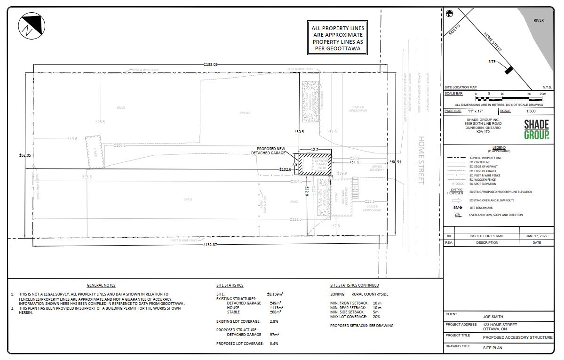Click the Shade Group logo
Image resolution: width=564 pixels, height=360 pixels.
tap(537, 129)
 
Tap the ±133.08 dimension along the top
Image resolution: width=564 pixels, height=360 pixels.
tap(210, 64)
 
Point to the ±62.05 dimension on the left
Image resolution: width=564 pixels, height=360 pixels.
tap(24, 155)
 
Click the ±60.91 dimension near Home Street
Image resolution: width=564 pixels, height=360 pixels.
tap(396, 162)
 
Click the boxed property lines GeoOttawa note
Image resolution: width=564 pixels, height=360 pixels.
tap(338, 38)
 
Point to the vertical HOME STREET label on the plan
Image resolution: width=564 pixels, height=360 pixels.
tap(421, 160)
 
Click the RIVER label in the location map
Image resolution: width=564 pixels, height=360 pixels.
tap(539, 20)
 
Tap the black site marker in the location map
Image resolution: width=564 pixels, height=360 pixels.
tap(508, 70)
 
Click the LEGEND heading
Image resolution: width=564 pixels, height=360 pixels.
tap(499, 147)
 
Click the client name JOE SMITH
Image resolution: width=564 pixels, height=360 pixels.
tap(493, 317)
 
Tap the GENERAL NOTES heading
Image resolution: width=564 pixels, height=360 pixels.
tap(101, 285)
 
